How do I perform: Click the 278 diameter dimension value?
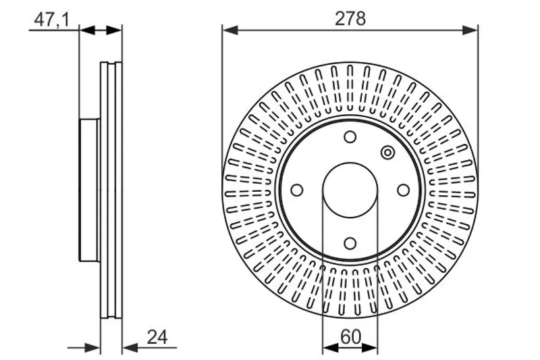point(350,18)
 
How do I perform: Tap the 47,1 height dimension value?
point(52,20)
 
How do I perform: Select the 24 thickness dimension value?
point(157,337)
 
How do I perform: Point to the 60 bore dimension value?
point(350,337)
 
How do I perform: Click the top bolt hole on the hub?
point(350,136)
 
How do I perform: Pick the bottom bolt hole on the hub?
point(350,243)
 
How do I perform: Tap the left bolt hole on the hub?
point(297,190)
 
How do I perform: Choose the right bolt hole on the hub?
point(403,190)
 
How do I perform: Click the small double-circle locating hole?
point(387,152)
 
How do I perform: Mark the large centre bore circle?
point(350,190)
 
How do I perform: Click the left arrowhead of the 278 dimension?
point(230,30)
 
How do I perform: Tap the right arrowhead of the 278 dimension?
point(470,30)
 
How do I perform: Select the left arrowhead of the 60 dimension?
point(330,348)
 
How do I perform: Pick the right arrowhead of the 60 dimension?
point(370,348)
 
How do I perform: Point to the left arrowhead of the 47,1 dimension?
point(87,30)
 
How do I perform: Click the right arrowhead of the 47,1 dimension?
point(114,30)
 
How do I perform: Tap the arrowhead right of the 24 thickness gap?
point(130,348)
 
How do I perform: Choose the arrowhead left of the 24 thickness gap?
point(92,348)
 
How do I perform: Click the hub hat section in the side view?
point(90,190)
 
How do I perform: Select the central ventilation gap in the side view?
point(111,190)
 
